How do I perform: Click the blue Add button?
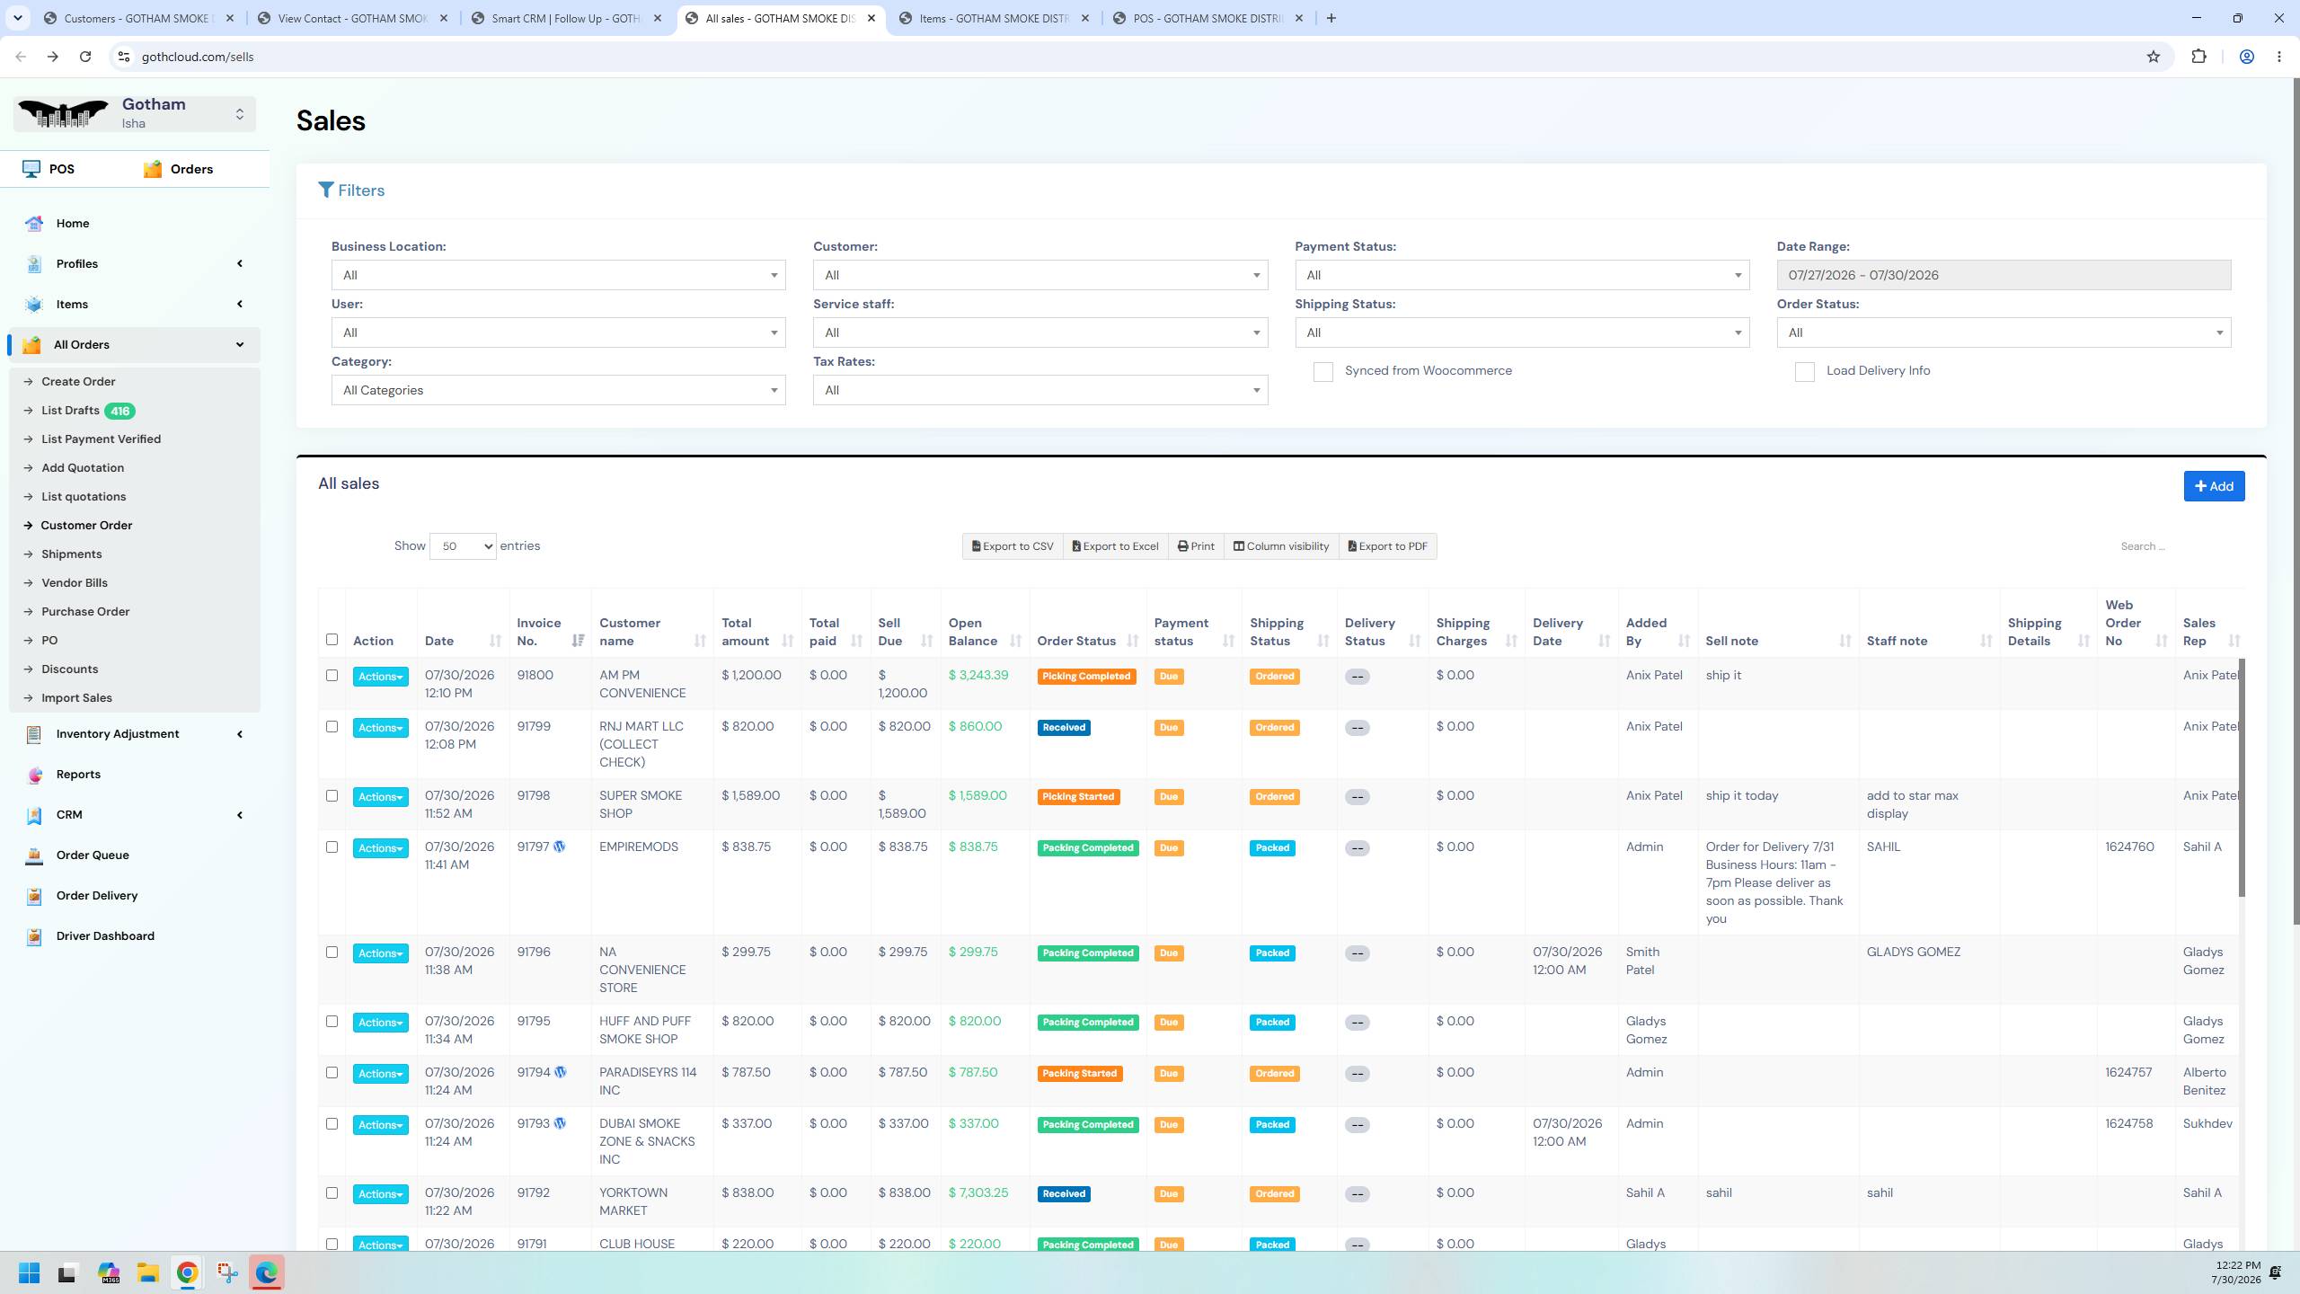(x=2214, y=486)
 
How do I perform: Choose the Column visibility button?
(x=1280, y=546)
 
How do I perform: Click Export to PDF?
(x=1387, y=546)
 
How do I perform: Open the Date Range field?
(x=2003, y=275)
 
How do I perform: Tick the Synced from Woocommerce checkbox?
(x=1322, y=371)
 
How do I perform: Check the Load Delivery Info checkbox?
(x=1804, y=371)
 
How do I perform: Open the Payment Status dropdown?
(x=1522, y=275)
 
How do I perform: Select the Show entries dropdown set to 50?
(x=463, y=546)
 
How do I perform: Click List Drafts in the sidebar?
(x=70, y=411)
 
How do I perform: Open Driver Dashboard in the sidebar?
(x=105, y=935)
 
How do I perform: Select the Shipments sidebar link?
(x=71, y=554)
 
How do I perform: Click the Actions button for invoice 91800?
(x=380, y=677)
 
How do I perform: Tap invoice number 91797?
(x=533, y=846)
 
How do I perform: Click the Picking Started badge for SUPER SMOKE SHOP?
(x=1078, y=797)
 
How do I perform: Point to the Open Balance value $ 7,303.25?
(x=977, y=1192)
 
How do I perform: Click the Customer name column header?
(x=630, y=632)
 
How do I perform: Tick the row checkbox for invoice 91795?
(x=332, y=1021)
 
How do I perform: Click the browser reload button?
(x=85, y=57)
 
